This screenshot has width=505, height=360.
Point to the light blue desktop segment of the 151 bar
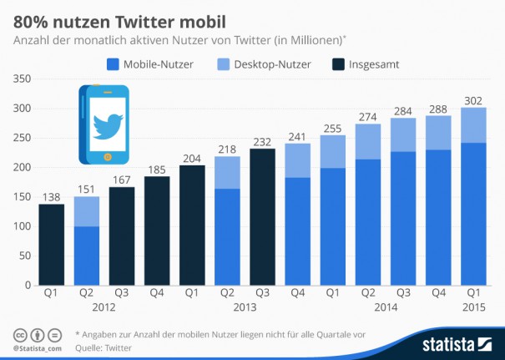tap(87, 211)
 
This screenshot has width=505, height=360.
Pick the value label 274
tap(367, 116)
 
